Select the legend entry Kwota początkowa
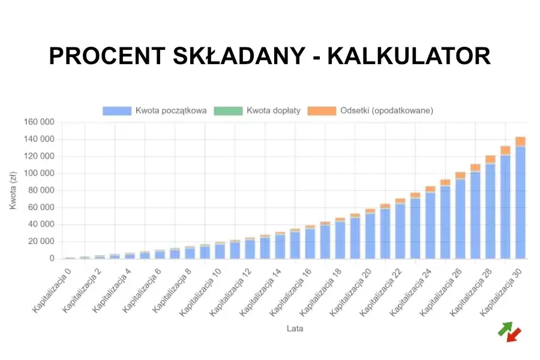click(155, 110)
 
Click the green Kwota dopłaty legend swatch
click(227, 110)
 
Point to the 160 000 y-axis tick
click(39, 122)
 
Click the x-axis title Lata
click(295, 328)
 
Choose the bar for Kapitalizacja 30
click(520, 204)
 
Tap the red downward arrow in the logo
click(514, 335)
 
